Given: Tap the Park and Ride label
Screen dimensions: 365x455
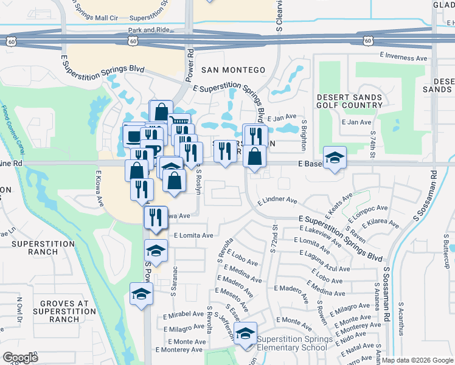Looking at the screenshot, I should (148, 29).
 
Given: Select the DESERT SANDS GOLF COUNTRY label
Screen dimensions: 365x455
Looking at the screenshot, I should (350, 100).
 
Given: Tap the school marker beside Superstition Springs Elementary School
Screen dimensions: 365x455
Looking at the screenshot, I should (246, 335).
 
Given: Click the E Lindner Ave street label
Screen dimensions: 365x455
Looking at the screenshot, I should (277, 200).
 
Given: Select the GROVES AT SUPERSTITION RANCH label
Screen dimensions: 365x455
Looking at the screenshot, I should (52, 311).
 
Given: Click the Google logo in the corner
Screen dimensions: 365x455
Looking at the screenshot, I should (20, 357).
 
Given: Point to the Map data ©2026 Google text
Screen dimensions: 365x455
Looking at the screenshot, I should (417, 360).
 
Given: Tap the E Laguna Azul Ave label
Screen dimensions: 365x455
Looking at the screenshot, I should (325, 262).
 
